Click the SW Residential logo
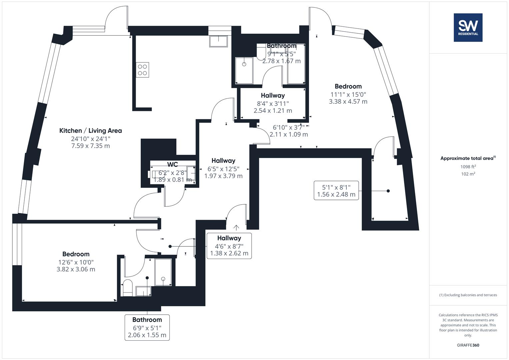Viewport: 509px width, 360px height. tap(468, 27)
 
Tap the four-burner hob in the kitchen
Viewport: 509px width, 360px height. tap(142, 70)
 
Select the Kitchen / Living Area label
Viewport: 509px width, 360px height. tap(91, 131)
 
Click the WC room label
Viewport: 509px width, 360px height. tap(172, 164)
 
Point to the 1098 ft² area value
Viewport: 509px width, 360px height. tap(468, 167)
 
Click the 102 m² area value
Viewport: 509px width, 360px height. tap(468, 174)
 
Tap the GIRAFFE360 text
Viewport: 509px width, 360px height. tap(468, 345)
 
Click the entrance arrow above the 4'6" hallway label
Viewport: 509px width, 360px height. tap(236, 228)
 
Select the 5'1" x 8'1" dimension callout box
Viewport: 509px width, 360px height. tap(336, 191)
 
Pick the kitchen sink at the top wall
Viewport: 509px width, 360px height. tap(218, 41)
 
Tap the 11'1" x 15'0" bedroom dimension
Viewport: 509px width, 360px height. tap(348, 94)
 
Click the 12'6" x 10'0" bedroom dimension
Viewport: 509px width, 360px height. tap(76, 262)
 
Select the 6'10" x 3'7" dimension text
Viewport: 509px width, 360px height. tap(288, 127)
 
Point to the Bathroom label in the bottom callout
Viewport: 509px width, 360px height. tap(147, 320)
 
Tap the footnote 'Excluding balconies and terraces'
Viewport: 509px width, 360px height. tap(468, 295)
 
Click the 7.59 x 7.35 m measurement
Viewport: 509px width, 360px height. tap(91, 146)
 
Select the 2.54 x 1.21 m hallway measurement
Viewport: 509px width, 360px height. tap(273, 111)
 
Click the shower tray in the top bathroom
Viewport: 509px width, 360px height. tap(244, 70)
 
